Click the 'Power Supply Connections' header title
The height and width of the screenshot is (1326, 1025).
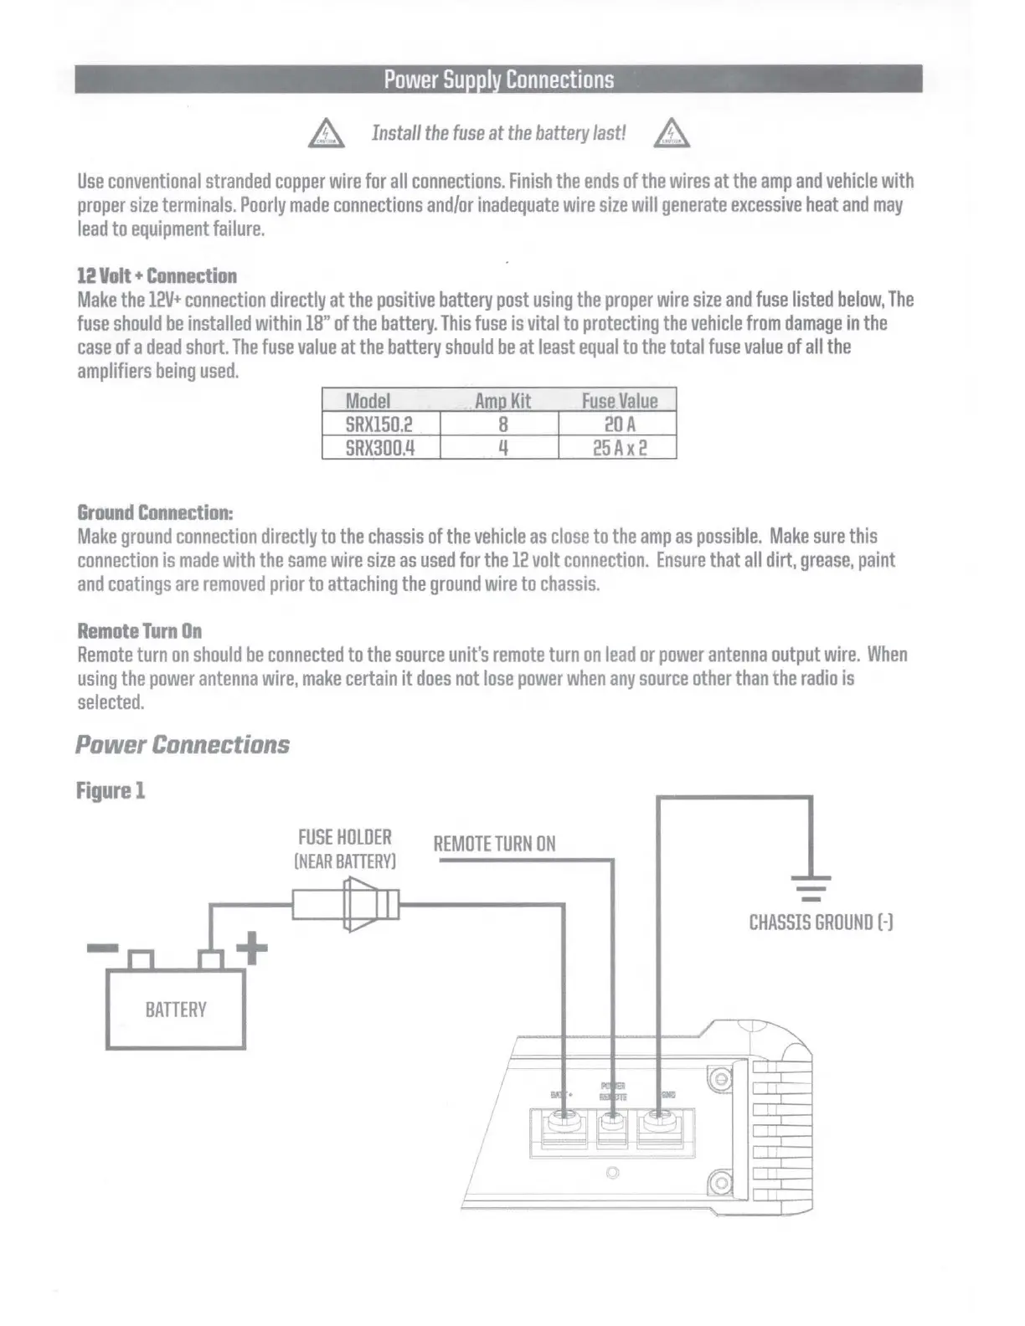click(x=499, y=80)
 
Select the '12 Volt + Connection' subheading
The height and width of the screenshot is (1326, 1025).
click(x=157, y=276)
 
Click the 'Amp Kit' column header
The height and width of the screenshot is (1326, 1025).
click(x=502, y=400)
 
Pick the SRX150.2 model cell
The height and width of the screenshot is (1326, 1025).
click(x=379, y=424)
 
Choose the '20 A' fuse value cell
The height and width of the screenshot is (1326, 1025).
click(x=620, y=424)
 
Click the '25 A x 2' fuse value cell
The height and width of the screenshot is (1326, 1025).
click(x=620, y=448)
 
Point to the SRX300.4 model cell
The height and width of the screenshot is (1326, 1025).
click(x=380, y=448)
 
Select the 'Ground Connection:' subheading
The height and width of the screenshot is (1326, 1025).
click(x=155, y=512)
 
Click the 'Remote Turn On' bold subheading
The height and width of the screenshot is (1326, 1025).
click(x=139, y=631)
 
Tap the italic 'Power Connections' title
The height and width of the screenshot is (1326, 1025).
click(x=183, y=744)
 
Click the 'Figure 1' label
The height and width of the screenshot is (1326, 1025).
click(x=111, y=790)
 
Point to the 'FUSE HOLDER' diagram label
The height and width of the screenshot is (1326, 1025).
click(x=345, y=837)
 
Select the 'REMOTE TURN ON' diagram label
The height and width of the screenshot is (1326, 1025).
click(x=494, y=844)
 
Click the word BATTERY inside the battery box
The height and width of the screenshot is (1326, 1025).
click(x=176, y=1010)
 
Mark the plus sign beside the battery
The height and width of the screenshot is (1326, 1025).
click(x=251, y=948)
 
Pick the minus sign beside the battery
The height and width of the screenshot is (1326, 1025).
click(x=103, y=948)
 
